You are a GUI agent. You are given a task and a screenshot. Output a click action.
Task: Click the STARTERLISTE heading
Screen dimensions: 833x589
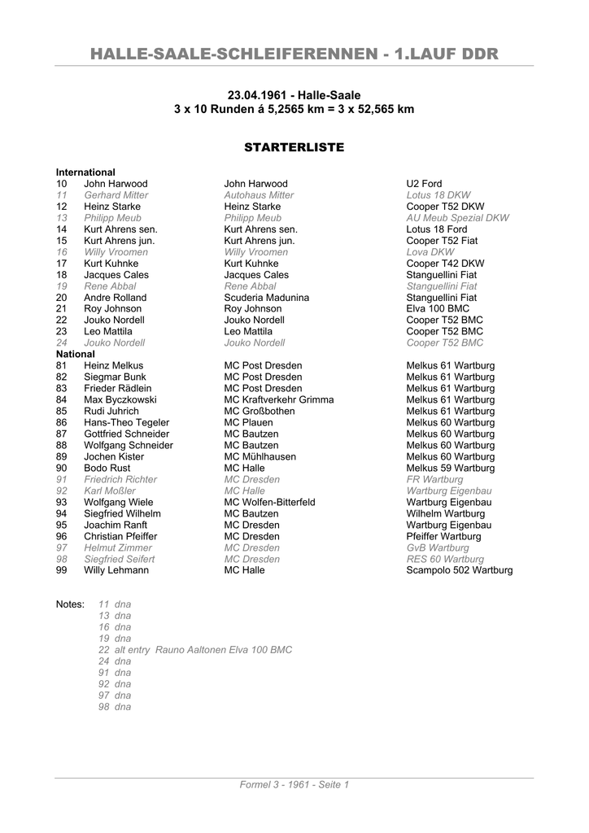click(294, 147)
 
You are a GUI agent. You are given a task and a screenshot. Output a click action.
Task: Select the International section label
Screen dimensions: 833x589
click(85, 172)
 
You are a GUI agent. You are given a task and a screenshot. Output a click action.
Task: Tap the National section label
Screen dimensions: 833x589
click(76, 355)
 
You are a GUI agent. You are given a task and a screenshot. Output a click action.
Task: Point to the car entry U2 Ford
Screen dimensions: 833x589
click(424, 184)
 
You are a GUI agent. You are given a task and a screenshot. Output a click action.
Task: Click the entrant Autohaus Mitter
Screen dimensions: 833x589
click(259, 195)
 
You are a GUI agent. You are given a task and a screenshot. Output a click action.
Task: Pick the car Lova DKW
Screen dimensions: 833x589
click(430, 252)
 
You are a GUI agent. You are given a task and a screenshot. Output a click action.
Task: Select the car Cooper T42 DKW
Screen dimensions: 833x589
click(445, 264)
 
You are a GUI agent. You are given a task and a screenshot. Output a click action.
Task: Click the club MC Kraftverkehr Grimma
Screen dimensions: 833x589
click(278, 400)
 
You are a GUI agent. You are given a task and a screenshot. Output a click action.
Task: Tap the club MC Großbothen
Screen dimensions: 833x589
click(260, 412)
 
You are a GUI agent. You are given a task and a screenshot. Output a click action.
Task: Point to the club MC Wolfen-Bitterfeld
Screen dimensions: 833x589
click(269, 503)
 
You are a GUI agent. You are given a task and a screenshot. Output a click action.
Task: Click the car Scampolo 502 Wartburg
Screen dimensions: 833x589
click(460, 570)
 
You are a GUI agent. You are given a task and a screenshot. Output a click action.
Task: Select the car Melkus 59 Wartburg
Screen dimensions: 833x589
click(450, 469)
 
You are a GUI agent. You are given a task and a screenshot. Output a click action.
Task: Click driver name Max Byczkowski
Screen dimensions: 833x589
click(120, 400)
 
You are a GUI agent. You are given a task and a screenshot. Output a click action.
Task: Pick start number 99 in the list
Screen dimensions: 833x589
click(62, 570)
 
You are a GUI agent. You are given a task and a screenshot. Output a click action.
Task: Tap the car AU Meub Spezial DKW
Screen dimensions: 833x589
click(457, 218)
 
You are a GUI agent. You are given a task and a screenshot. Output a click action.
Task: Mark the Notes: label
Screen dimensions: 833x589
click(70, 604)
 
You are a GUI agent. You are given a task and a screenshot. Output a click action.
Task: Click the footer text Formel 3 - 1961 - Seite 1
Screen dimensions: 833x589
click(294, 785)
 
